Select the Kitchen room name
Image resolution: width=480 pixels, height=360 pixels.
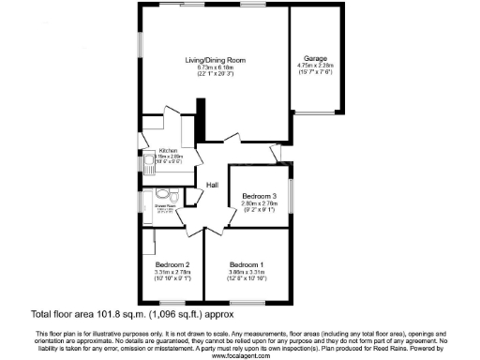coord(168,150)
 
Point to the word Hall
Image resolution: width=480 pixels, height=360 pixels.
coord(212,185)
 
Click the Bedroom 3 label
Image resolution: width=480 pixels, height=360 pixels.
coord(256,195)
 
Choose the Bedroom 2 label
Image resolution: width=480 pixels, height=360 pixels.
coord(173,264)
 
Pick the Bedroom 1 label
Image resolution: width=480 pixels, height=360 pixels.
coord(247,264)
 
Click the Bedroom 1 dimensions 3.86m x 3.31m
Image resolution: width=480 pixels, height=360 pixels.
coord(247,272)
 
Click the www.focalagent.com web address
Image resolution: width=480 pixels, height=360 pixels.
coord(239,355)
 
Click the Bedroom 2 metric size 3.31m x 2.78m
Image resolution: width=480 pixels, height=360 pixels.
coord(173,272)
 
